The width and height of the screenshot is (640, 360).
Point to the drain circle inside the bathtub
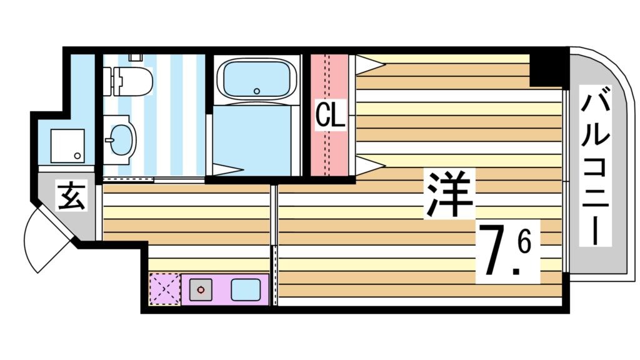tap(257, 91)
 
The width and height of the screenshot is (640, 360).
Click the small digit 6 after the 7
tap(524, 241)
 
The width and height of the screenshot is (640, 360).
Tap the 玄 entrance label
tap(71, 196)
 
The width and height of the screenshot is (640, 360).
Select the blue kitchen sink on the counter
tap(246, 289)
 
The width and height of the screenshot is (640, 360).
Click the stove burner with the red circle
tap(201, 290)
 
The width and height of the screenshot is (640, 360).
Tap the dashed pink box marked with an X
tap(164, 289)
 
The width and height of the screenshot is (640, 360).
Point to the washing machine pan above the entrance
tap(67, 145)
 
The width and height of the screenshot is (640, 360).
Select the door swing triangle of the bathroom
tap(226, 169)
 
